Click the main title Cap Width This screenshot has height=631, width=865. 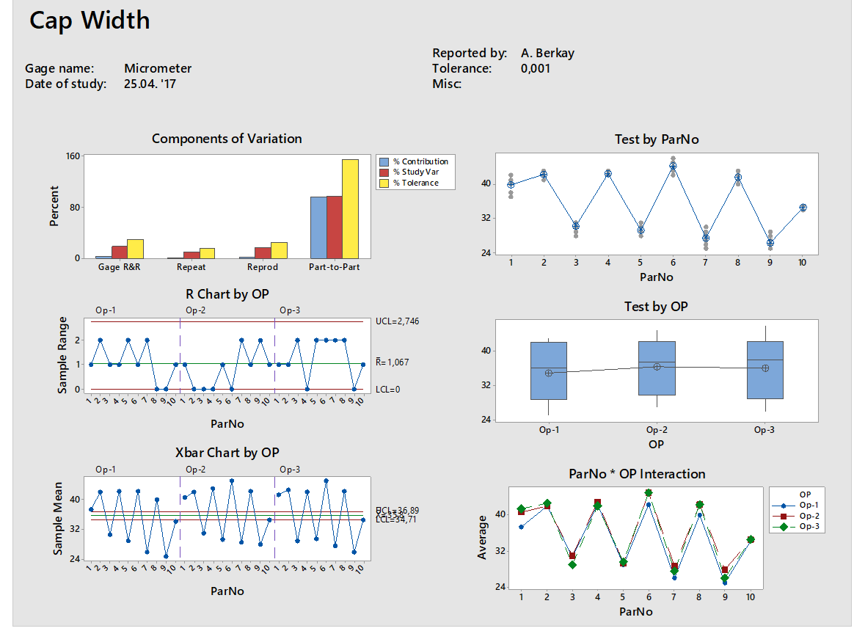tap(90, 21)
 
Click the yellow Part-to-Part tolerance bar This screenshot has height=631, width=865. tap(350, 208)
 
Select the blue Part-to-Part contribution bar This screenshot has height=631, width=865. tap(318, 227)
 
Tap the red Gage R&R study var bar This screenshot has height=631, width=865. tap(119, 252)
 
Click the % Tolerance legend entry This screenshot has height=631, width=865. tap(415, 183)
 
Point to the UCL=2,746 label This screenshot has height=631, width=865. tap(398, 321)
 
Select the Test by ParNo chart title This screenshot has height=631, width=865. tap(657, 139)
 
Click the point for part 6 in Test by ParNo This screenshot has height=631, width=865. tap(673, 167)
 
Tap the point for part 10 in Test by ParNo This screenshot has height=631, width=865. tap(803, 208)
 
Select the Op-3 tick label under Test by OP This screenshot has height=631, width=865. tap(764, 430)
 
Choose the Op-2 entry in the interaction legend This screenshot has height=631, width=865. tap(810, 516)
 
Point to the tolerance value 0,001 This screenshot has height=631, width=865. tap(536, 68)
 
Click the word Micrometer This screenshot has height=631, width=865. tap(158, 68)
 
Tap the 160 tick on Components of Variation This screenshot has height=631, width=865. tap(71, 156)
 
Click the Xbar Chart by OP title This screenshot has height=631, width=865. tap(227, 453)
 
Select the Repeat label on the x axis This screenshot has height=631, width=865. tap(191, 267)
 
